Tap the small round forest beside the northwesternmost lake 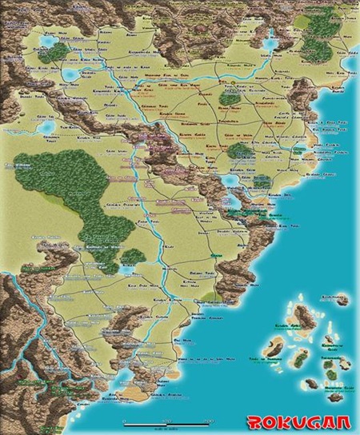[58, 52]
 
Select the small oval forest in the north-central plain [240, 151]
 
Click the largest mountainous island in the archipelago [276, 345]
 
